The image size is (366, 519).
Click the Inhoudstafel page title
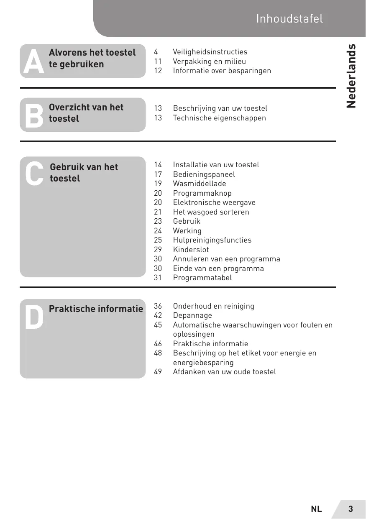(x=289, y=19)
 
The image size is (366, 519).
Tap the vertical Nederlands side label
(x=351, y=76)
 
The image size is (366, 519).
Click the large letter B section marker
(x=33, y=116)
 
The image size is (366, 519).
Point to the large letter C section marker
(x=34, y=174)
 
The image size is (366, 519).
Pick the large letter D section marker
(x=33, y=317)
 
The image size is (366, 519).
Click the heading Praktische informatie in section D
(x=96, y=309)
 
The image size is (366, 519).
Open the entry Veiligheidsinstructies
(x=210, y=52)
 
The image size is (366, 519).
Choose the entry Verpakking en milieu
(x=210, y=61)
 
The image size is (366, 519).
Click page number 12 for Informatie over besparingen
(x=158, y=71)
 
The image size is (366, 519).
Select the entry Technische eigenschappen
(x=219, y=118)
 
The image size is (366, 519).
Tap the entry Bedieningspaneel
(x=204, y=174)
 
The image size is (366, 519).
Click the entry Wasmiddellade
(x=200, y=184)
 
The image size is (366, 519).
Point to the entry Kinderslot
(x=191, y=250)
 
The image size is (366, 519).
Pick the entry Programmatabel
(x=202, y=278)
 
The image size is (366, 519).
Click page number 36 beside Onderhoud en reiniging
(x=158, y=306)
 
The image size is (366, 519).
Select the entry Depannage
(x=192, y=315)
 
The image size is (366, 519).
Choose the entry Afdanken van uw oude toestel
(x=225, y=372)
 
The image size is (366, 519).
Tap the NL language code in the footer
(x=316, y=509)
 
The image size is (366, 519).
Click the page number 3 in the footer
(x=351, y=509)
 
